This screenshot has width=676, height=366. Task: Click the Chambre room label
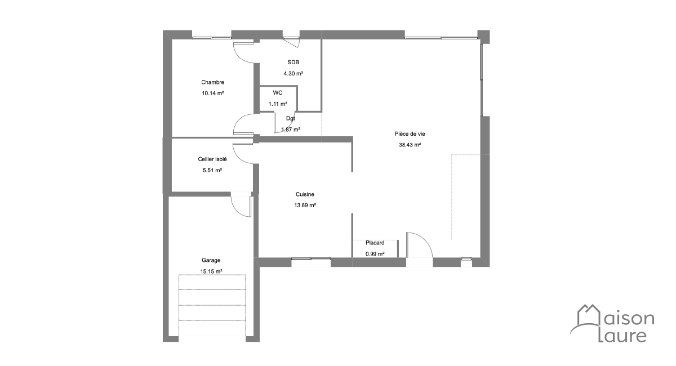(213, 82)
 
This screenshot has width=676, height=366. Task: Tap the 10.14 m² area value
(213, 93)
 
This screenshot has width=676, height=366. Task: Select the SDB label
(293, 62)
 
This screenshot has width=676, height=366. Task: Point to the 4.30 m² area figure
(293, 73)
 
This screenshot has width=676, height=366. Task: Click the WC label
(278, 93)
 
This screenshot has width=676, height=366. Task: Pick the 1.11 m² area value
(278, 104)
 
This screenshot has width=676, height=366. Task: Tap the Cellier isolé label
(212, 159)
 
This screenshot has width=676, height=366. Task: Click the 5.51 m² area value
(212, 170)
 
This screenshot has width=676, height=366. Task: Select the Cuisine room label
(305, 194)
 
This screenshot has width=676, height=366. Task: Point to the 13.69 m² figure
(305, 206)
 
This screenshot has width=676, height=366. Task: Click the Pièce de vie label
(410, 133)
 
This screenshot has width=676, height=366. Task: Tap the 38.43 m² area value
(410, 145)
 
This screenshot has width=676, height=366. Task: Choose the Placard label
(375, 243)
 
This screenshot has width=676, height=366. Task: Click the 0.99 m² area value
(375, 254)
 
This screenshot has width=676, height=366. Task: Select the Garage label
(211, 260)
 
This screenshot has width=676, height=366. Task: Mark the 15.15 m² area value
(211, 271)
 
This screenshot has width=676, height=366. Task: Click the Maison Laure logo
(612, 323)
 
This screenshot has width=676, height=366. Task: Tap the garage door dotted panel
(212, 305)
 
